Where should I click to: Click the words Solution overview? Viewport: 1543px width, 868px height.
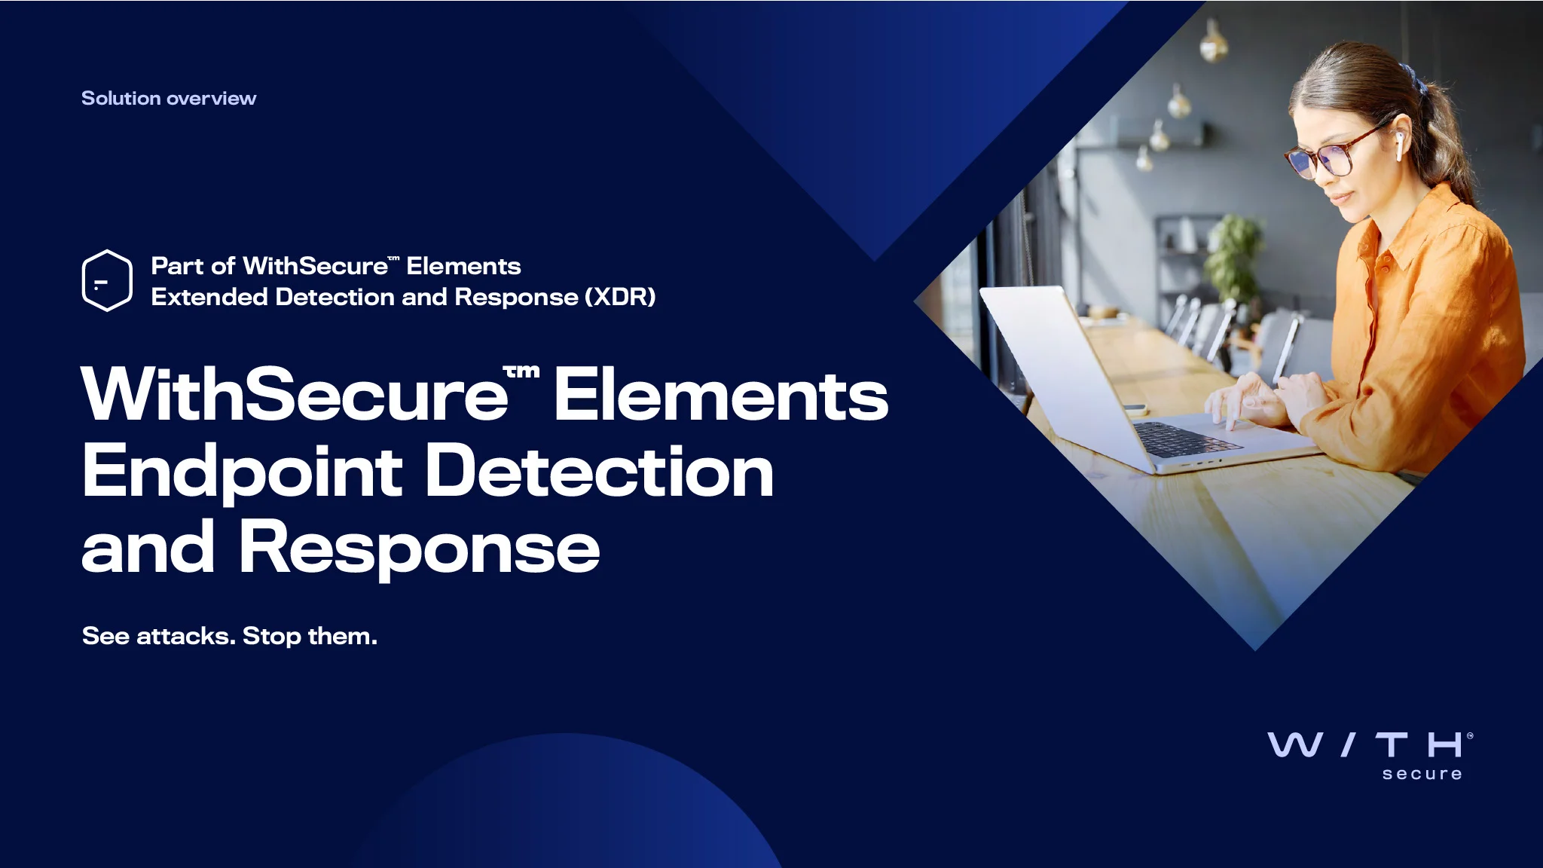[169, 99]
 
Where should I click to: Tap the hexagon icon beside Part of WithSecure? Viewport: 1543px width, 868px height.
[107, 280]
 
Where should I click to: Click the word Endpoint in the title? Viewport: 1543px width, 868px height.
[241, 472]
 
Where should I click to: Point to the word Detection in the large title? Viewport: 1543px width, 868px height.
[600, 472]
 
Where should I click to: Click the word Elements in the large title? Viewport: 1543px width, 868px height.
[721, 396]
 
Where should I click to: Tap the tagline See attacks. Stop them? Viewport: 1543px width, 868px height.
[229, 636]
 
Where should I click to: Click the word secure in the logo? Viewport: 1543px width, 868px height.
[1422, 774]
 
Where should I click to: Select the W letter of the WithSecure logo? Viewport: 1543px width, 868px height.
[1294, 744]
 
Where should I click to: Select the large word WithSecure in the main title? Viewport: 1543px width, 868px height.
[294, 396]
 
